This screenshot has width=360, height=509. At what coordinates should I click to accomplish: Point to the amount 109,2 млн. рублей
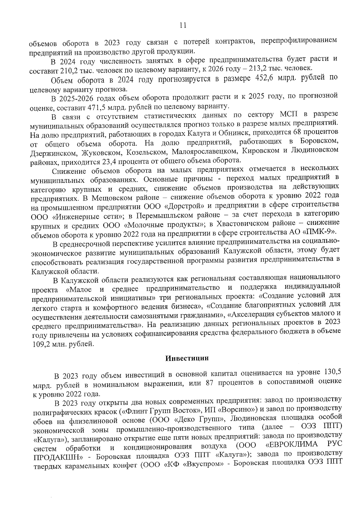pyautogui.click(x=64, y=344)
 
